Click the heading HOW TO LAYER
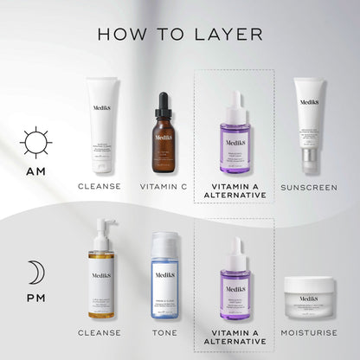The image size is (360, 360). point(180,35)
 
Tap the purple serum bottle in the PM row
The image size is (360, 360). point(236,279)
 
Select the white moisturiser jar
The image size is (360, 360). point(309,299)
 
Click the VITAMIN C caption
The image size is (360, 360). point(164,186)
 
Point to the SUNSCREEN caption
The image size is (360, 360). point(309,186)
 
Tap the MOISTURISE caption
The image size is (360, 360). point(309,331)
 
